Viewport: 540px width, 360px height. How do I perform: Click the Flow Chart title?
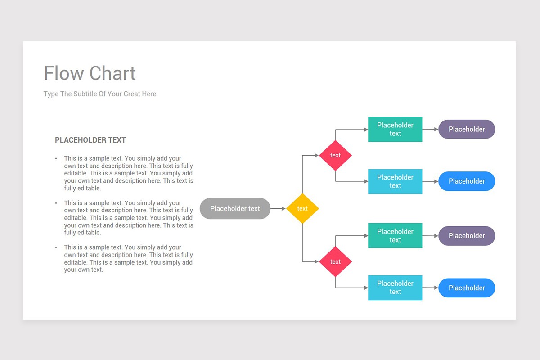pyautogui.click(x=90, y=73)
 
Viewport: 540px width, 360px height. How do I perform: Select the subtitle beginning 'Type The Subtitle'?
pyautogui.click(x=100, y=94)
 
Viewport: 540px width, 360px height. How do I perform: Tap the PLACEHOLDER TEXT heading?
pyautogui.click(x=90, y=140)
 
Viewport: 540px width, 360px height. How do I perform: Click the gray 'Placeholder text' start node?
pyautogui.click(x=235, y=208)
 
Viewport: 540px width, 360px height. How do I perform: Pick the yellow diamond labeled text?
pyautogui.click(x=302, y=208)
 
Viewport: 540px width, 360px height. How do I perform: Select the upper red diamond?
pyautogui.click(x=335, y=155)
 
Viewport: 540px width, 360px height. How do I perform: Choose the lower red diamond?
pyautogui.click(x=335, y=261)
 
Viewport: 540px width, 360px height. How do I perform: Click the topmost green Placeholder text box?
pyautogui.click(x=395, y=129)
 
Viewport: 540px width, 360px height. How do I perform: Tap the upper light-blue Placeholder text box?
pyautogui.click(x=395, y=181)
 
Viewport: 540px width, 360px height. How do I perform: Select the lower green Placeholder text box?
pyautogui.click(x=395, y=235)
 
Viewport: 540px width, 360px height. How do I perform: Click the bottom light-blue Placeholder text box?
pyautogui.click(x=395, y=288)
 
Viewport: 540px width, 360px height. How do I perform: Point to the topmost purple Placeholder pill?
pyautogui.click(x=467, y=129)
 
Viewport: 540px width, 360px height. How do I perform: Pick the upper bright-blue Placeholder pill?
pyautogui.click(x=467, y=181)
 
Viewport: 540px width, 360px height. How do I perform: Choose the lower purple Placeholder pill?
pyautogui.click(x=467, y=236)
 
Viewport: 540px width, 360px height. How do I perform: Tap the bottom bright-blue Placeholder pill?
pyautogui.click(x=467, y=288)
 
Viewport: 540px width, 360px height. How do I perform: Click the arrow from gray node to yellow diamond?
pyautogui.click(x=278, y=208)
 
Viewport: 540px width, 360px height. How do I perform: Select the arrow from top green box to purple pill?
pyautogui.click(x=430, y=129)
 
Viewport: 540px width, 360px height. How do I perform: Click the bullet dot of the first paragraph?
pyautogui.click(x=56, y=158)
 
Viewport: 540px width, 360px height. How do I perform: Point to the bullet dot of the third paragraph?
pyautogui.click(x=56, y=247)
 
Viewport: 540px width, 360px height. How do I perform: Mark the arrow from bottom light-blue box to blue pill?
pyautogui.click(x=430, y=288)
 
